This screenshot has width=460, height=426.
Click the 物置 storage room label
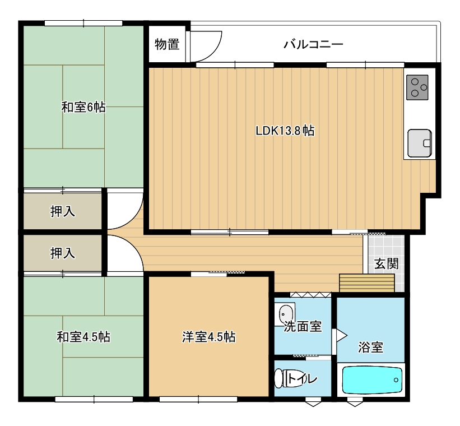167,44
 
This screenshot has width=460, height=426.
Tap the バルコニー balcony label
313,44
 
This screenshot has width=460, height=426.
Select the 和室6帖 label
83,107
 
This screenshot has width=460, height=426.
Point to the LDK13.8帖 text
285,131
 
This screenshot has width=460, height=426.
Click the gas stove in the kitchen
417,87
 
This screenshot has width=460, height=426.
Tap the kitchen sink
420,143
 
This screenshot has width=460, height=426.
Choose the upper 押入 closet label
63,211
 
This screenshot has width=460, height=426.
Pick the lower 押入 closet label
63,253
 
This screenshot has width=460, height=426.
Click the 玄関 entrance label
387,263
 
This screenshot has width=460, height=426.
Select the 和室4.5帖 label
83,337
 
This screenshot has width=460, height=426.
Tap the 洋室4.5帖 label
208,337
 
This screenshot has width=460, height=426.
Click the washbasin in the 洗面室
285,313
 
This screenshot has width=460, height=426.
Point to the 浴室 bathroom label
370,348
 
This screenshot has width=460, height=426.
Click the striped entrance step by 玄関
366,283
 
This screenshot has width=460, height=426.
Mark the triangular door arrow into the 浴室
341,335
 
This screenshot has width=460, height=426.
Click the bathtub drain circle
396,380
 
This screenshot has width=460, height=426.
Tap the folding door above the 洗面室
310,295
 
